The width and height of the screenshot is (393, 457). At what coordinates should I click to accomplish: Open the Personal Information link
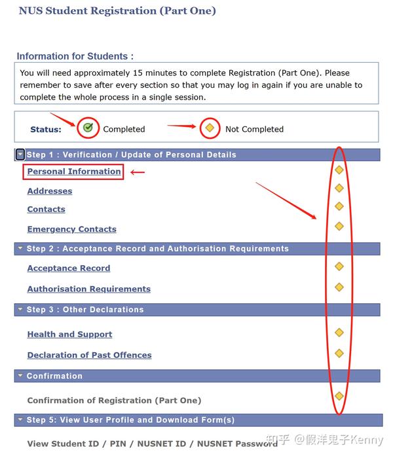(74, 172)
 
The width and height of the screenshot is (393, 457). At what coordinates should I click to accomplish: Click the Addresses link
(50, 191)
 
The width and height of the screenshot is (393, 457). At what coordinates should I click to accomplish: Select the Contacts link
(46, 210)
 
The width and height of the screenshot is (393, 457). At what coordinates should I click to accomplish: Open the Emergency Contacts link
(71, 229)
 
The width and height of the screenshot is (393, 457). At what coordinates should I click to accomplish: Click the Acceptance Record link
(69, 268)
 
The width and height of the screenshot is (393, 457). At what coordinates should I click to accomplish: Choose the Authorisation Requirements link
(88, 289)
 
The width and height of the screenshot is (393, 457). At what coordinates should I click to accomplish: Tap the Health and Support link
(69, 335)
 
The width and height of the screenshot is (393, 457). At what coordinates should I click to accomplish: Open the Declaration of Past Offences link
(89, 355)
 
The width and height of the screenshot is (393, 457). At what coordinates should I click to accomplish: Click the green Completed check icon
(88, 128)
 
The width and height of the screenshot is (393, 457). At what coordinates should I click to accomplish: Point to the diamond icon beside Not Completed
(210, 128)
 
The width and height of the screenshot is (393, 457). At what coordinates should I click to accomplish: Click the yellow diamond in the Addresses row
(339, 189)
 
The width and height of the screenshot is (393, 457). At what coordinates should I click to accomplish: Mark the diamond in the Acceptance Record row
(339, 266)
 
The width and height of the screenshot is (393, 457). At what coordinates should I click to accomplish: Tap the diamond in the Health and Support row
(339, 333)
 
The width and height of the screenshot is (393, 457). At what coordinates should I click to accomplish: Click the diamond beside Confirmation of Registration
(339, 396)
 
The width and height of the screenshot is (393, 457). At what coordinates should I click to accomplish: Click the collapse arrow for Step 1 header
(20, 155)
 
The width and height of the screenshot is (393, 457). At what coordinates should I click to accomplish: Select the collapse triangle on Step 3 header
(20, 310)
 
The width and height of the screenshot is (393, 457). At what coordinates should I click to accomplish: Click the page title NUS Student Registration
(117, 10)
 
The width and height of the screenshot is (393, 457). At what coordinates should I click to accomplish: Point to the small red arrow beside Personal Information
(138, 172)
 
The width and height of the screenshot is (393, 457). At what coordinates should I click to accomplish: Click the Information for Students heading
(75, 56)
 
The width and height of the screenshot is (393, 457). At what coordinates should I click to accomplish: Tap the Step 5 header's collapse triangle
(20, 420)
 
